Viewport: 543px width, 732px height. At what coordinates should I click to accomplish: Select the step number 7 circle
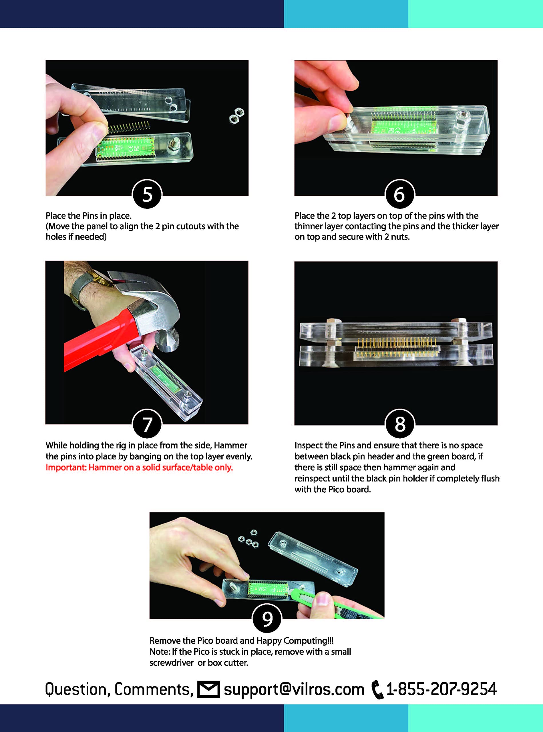coord(147,424)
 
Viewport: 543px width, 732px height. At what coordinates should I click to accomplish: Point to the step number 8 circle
coord(400,424)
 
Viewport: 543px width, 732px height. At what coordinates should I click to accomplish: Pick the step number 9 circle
coord(267,618)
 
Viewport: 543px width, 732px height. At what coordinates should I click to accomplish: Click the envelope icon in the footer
coord(208,689)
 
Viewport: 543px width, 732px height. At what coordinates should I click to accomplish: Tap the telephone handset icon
coord(377,690)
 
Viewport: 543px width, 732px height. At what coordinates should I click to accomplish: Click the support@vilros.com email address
coord(294,690)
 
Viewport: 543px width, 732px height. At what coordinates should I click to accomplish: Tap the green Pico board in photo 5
coord(125,148)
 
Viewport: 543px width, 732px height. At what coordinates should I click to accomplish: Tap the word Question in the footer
coord(77,690)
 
